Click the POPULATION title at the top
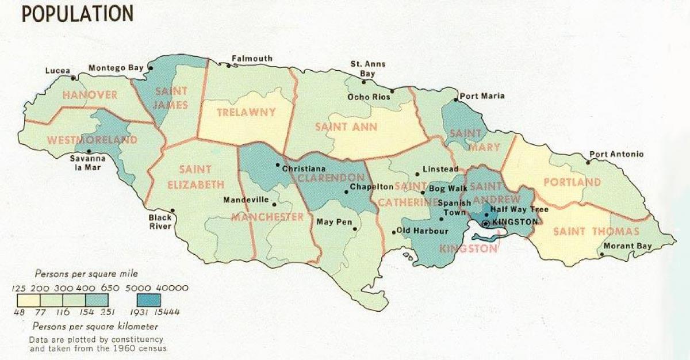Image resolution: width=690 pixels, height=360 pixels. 78,13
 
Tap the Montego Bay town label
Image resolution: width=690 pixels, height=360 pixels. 116,68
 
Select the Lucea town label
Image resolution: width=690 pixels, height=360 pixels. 58,71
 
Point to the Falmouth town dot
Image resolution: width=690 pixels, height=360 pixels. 228,66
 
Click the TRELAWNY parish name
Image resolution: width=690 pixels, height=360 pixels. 246,113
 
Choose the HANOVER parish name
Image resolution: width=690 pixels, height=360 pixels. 90,94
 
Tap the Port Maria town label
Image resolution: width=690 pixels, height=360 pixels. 482,95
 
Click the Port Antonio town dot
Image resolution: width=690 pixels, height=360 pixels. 588,162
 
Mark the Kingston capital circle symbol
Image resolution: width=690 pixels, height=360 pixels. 486,222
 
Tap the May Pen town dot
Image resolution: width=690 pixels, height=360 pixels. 355,229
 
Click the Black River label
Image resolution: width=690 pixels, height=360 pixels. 160,222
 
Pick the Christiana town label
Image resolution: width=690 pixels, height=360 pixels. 304,168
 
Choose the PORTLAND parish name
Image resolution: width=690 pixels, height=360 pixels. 572,182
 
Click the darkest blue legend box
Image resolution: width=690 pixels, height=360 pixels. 149,300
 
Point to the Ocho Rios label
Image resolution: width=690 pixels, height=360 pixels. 369,97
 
